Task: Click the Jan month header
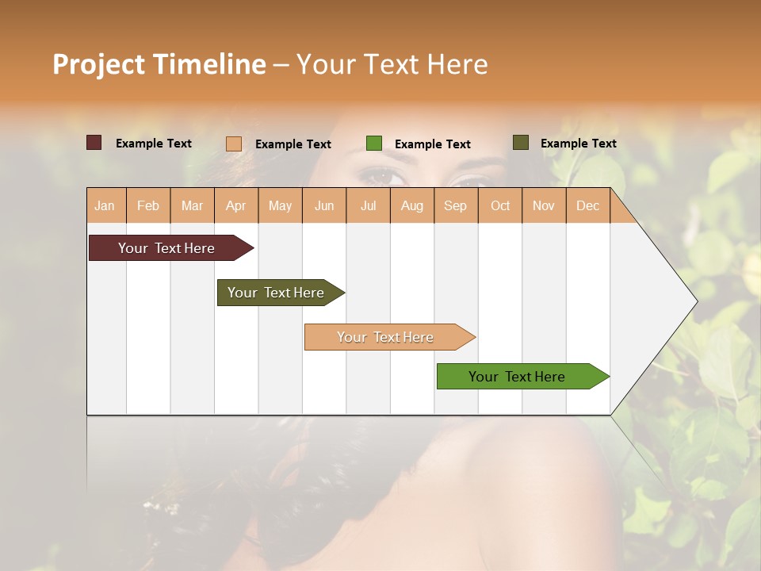click(x=105, y=205)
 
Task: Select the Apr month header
click(x=236, y=205)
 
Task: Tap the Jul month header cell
click(x=368, y=205)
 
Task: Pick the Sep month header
click(x=455, y=205)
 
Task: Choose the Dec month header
click(x=587, y=205)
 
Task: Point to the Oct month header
click(x=500, y=205)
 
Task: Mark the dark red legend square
click(x=94, y=143)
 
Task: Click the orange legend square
click(x=234, y=144)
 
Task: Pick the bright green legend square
click(x=374, y=144)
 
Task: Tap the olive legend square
click(x=520, y=143)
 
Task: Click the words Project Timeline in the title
click(x=159, y=64)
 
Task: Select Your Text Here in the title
click(x=392, y=64)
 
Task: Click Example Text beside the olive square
click(x=578, y=144)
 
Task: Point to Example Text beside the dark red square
click(x=154, y=144)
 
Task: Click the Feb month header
click(x=148, y=205)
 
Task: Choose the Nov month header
click(x=544, y=205)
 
